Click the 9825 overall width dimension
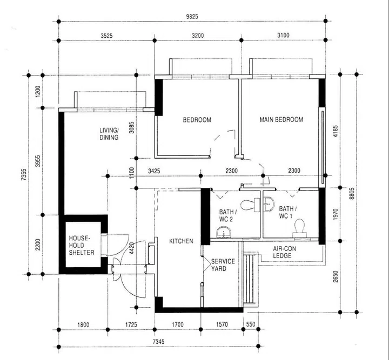pos(192,17)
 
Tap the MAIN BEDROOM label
pos(281,120)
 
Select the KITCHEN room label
pos(181,241)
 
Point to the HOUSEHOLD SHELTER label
pos(82,245)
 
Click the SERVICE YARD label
pos(223,265)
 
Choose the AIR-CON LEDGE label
pos(284,252)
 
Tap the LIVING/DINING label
pos(109,134)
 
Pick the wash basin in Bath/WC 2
pos(224,233)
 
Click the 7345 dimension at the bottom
pos(158,342)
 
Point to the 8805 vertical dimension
pos(352,194)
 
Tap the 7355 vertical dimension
pos(24,175)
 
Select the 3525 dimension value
pos(106,36)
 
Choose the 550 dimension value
pos(251,324)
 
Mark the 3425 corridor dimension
pos(154,171)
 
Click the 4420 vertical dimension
pos(132,248)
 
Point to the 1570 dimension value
pos(222,324)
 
